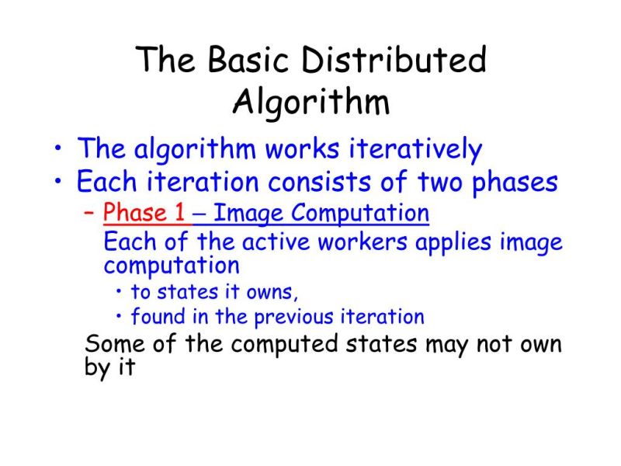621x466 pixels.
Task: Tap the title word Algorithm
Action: pos(311,102)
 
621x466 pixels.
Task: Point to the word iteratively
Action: pos(408,148)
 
